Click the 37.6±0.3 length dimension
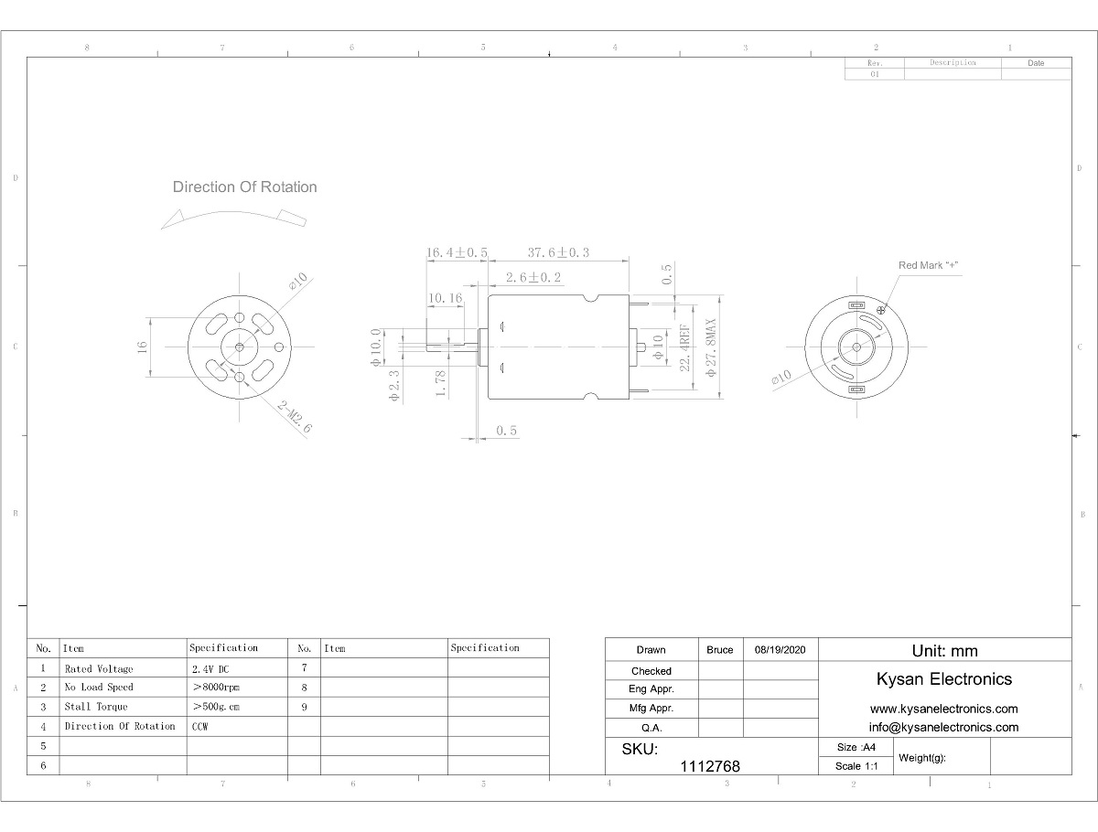tap(558, 252)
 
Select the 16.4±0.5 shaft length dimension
tap(457, 252)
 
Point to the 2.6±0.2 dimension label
tap(533, 277)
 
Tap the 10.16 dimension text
tap(446, 298)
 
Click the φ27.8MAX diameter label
tap(711, 347)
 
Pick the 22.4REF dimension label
tap(684, 348)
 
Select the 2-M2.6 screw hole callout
tap(295, 417)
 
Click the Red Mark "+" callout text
tap(928, 265)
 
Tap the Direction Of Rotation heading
tap(244, 187)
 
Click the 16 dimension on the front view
tap(142, 347)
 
